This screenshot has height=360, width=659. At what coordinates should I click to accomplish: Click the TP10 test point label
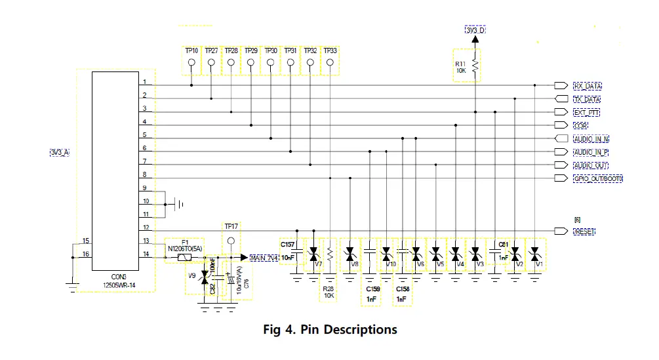click(x=191, y=50)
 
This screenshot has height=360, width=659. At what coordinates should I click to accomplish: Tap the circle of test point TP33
click(x=330, y=63)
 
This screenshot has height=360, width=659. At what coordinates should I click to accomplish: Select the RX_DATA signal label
click(x=587, y=86)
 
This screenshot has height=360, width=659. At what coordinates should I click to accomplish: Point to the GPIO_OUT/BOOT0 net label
click(x=597, y=178)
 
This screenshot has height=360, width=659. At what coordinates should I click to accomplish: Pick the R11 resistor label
click(x=460, y=63)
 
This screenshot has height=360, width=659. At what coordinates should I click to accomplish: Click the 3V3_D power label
click(x=475, y=30)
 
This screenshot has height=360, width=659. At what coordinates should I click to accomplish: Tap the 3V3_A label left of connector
click(x=60, y=151)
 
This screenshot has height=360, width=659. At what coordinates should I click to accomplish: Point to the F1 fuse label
click(x=185, y=242)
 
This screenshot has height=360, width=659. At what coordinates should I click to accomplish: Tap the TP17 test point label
click(x=231, y=226)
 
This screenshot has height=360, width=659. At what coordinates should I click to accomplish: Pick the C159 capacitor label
click(x=372, y=289)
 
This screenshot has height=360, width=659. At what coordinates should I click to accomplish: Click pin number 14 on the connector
click(x=146, y=254)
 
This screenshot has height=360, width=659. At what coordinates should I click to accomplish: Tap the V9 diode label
click(x=191, y=275)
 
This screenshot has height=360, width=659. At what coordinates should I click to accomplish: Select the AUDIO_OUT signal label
click(x=590, y=165)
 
